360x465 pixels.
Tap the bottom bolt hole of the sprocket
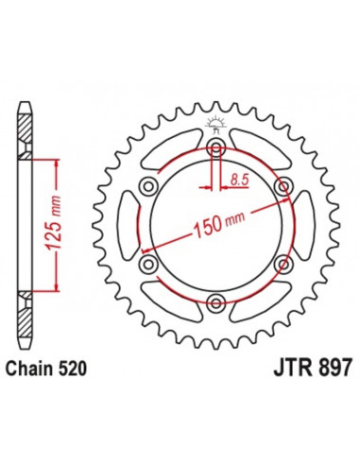[217, 301]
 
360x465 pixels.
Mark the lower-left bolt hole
[149, 264]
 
